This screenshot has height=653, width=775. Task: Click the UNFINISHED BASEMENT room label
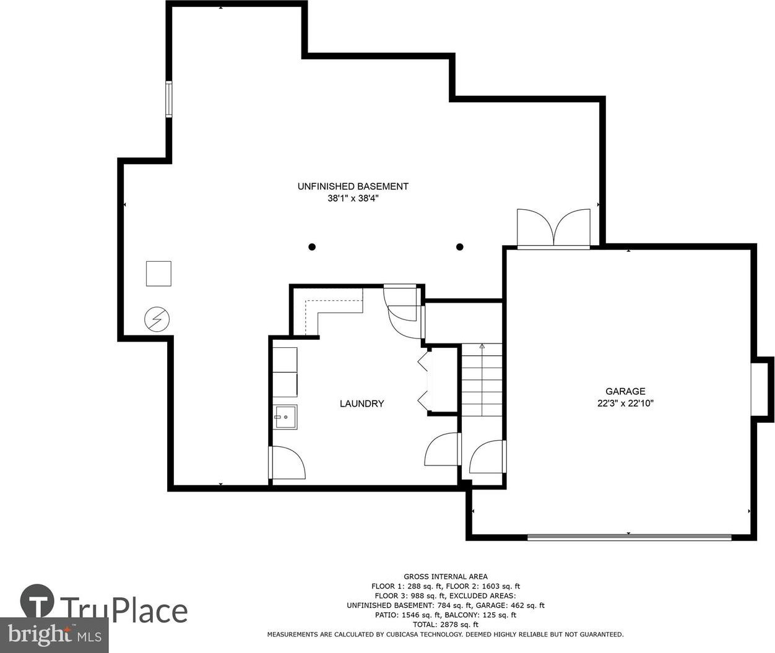click(353, 186)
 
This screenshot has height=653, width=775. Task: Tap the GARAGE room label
click(625, 391)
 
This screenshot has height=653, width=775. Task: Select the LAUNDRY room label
click(362, 404)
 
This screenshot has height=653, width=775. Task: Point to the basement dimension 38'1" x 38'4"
click(353, 199)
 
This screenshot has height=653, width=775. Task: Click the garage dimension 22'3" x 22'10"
click(625, 403)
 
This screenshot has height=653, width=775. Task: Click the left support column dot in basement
click(312, 247)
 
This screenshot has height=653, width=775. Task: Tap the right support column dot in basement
click(460, 247)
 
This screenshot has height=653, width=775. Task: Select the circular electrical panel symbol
click(157, 319)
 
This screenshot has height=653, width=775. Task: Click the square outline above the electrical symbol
click(158, 274)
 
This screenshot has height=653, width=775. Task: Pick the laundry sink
click(285, 417)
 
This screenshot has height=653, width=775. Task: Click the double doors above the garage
click(553, 228)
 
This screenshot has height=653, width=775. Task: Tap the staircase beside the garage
click(482, 380)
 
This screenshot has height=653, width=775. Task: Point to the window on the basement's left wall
click(169, 99)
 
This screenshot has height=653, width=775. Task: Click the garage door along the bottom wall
click(629, 537)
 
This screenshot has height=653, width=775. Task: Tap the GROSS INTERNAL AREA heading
click(446, 576)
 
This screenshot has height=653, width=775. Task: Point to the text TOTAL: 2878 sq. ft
click(446, 625)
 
